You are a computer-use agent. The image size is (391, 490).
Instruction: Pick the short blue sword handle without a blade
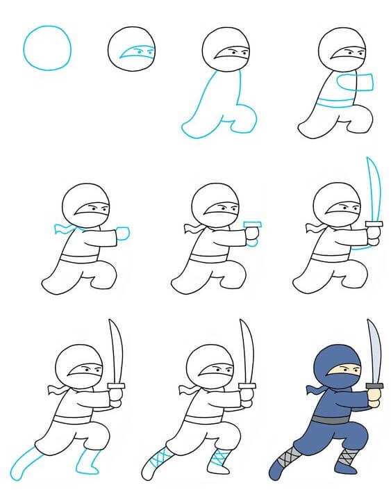click(x=253, y=229)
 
